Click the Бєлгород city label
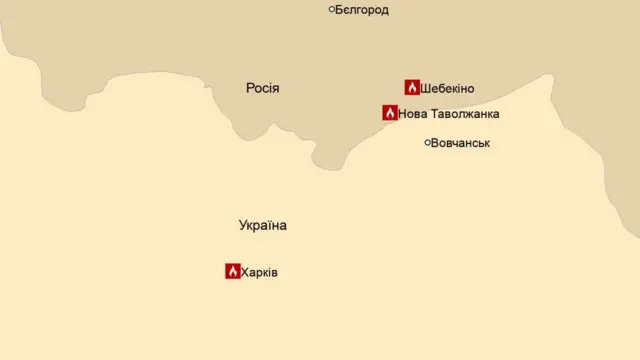(362, 10)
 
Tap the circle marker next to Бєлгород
(332, 9)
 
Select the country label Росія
(263, 88)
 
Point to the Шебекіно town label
(447, 88)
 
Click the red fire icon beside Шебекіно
(412, 87)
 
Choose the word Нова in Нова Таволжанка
(412, 114)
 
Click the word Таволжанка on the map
(464, 114)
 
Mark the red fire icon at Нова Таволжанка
(390, 113)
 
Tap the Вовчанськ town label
(460, 143)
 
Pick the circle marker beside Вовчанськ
(427, 142)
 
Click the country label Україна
(263, 225)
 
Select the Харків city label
(259, 272)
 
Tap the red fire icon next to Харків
(232, 271)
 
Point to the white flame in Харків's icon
(232, 272)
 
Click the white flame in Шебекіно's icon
(412, 88)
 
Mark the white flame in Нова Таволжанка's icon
(390, 114)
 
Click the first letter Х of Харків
(245, 272)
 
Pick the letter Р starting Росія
(250, 88)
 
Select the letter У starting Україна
(244, 225)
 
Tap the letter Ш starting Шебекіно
(426, 88)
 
